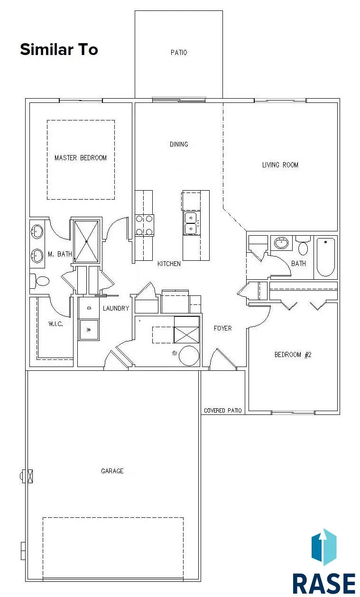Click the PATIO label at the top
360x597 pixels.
(x=179, y=53)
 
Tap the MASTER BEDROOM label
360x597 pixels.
(x=81, y=158)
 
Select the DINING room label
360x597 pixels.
(x=179, y=145)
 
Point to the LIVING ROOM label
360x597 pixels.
(x=280, y=165)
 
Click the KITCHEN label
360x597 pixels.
(x=169, y=264)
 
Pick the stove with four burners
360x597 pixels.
(x=145, y=225)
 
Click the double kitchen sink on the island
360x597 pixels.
(x=191, y=223)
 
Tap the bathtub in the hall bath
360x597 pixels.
(x=326, y=257)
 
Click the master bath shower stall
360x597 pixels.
(x=86, y=241)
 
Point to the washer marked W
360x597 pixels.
(x=89, y=327)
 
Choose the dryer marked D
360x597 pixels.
(x=89, y=308)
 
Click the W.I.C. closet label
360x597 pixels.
(x=55, y=324)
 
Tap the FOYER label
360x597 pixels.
(x=222, y=328)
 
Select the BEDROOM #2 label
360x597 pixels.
(x=293, y=355)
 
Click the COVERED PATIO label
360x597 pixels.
(x=222, y=411)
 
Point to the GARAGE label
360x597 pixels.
(x=112, y=471)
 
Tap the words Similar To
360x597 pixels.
(x=59, y=49)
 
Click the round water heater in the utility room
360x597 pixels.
(x=189, y=356)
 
